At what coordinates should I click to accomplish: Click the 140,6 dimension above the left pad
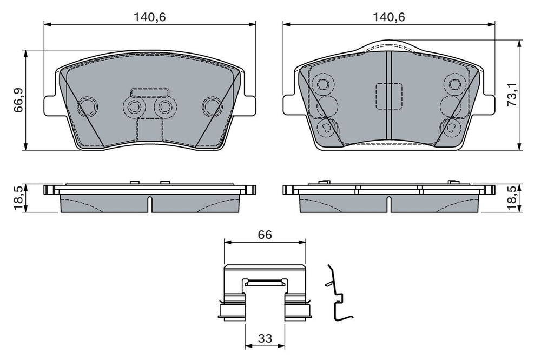click(x=150, y=17)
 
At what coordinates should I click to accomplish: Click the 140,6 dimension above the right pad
click(x=389, y=17)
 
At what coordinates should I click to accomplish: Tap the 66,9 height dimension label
click(x=18, y=100)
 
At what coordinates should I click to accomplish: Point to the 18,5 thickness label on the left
click(x=18, y=198)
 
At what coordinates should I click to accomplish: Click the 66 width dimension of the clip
click(x=265, y=235)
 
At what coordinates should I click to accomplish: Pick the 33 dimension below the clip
click(x=265, y=338)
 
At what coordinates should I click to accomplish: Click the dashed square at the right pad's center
click(x=388, y=97)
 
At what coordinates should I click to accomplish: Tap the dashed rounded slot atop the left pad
click(x=150, y=92)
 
